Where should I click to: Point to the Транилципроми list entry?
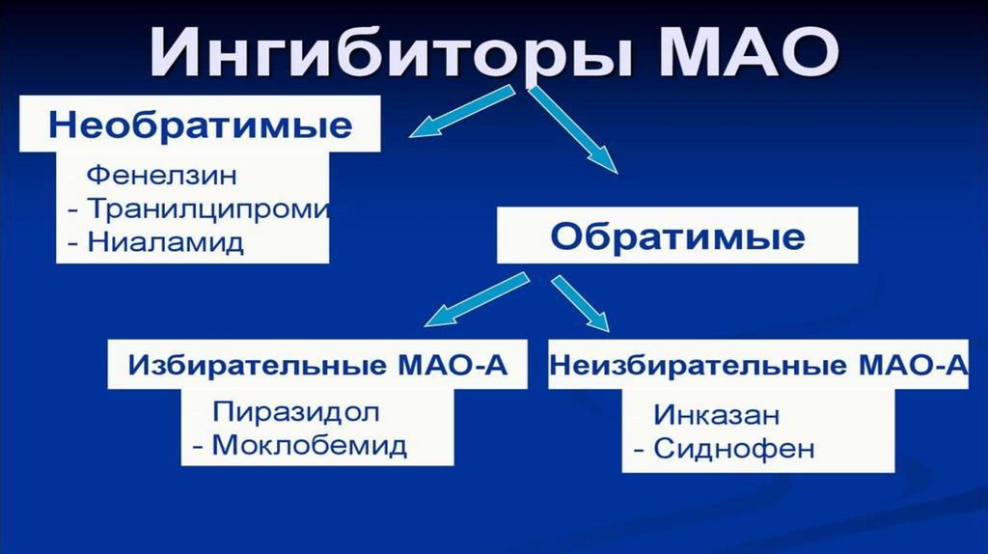coord(208,208)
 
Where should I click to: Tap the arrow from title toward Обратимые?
coord(572,128)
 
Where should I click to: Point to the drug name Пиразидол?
coord(296,412)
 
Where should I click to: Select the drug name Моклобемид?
coord(309,445)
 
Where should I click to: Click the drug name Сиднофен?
coord(734,448)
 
